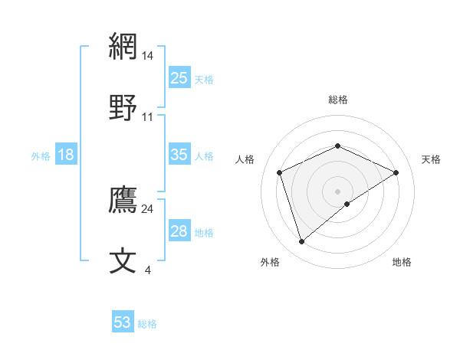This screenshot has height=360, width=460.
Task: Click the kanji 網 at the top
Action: (x=123, y=47)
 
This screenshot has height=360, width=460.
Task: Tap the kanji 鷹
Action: (x=123, y=200)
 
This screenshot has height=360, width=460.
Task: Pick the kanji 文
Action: (x=123, y=260)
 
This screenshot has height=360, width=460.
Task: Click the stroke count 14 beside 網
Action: (x=148, y=56)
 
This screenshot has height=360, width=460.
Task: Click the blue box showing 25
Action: (x=179, y=77)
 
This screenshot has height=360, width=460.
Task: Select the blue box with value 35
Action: (x=179, y=155)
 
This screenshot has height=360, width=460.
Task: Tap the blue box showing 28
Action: (x=179, y=231)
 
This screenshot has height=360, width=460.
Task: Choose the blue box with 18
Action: (x=66, y=155)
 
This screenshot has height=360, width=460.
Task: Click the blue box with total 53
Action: (x=123, y=322)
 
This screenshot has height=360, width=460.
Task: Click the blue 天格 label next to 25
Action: (x=204, y=79)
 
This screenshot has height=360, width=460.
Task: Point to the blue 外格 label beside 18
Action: (x=41, y=156)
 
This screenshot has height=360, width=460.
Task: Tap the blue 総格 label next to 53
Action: (x=147, y=324)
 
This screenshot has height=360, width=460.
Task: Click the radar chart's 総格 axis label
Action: (x=337, y=100)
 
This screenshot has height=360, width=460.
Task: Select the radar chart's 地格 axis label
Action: (x=402, y=262)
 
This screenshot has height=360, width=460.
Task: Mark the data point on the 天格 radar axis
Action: (x=396, y=172)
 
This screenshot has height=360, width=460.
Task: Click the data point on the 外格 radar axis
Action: (x=301, y=242)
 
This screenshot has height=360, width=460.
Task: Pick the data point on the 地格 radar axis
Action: (x=347, y=204)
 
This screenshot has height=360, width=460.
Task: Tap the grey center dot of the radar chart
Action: (x=337, y=191)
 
